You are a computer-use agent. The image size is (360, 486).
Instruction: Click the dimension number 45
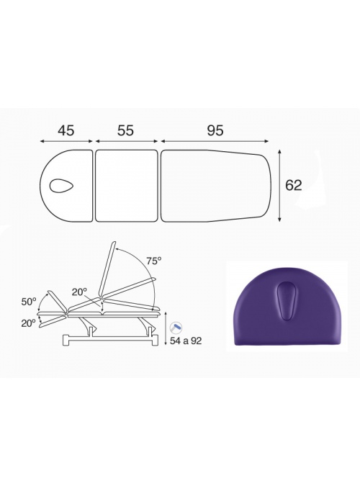tap(66, 130)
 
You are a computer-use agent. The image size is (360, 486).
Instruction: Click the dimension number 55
tap(125, 130)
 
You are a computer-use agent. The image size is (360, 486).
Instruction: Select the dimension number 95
tap(215, 130)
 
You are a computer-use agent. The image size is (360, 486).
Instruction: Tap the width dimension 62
tap(293, 185)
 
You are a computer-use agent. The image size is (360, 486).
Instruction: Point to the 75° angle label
tap(154, 261)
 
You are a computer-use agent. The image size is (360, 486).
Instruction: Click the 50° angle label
tap(29, 302)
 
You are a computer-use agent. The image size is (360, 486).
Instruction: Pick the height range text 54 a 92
tap(186, 341)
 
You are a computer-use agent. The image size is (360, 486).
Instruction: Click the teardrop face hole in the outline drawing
tap(61, 185)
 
